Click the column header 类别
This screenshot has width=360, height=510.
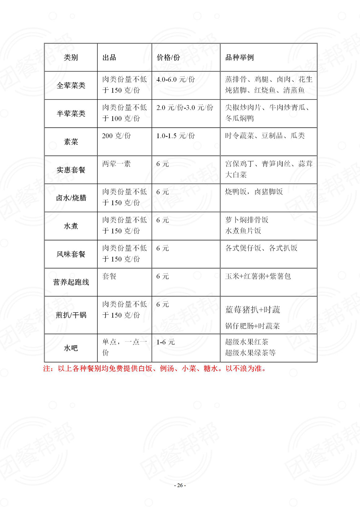71,57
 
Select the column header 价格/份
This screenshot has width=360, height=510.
168,57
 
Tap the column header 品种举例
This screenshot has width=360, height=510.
239,57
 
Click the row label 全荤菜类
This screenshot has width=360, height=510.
71,85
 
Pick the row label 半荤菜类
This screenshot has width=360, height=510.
71,114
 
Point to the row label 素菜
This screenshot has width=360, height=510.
71,142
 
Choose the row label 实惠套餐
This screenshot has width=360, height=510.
71,170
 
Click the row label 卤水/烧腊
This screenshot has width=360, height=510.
71,198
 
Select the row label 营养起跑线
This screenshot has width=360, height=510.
71,282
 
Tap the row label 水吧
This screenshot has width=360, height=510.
71,348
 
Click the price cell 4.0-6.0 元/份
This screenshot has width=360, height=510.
176,80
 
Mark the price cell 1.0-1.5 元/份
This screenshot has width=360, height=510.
176,136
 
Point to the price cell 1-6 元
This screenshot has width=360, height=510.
165,342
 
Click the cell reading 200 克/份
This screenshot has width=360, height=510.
116,136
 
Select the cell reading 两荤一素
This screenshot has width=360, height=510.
116,164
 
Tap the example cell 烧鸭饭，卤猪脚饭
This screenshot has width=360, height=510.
254,192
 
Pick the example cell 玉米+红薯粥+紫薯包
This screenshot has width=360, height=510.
258,276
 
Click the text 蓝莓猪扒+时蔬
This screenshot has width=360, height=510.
253,310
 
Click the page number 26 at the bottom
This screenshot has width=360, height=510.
180,485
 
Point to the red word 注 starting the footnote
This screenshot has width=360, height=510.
47,369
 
